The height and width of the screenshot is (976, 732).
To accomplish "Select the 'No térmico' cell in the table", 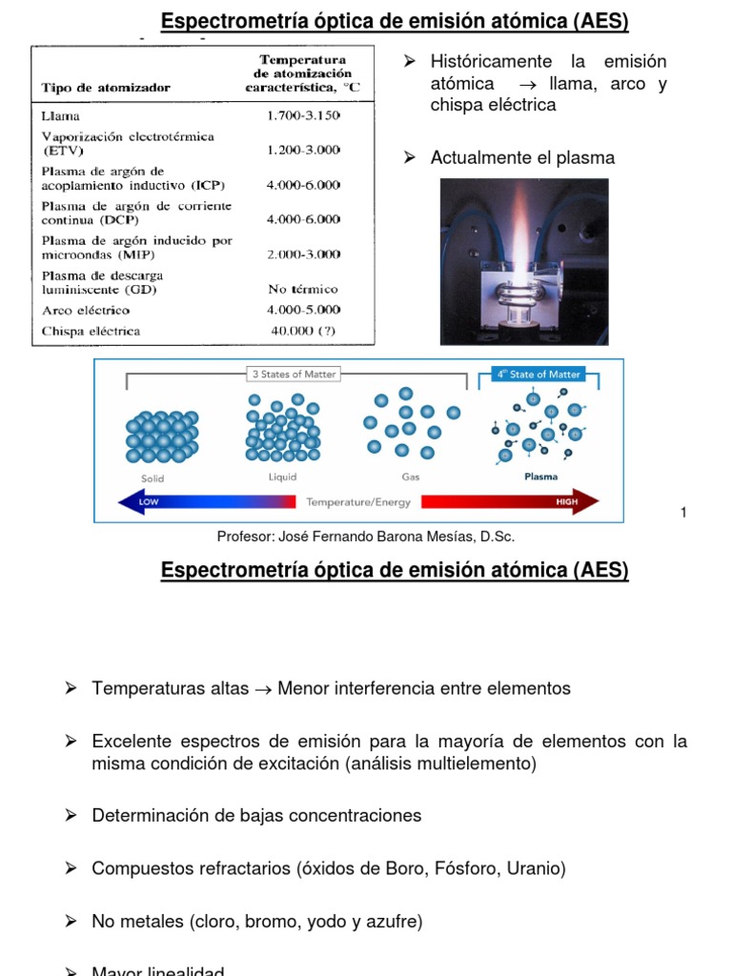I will point(303,289).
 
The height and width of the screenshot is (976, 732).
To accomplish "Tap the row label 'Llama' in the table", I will point(60,115).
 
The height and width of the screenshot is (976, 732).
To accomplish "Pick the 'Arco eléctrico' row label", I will point(86,311).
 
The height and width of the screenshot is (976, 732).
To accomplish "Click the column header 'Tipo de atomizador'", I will point(106,88).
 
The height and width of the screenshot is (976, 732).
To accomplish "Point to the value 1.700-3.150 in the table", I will point(304,115).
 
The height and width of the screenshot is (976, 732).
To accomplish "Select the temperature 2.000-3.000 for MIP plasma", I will point(304,254).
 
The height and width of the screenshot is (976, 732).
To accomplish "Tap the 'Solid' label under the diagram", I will point(153,478).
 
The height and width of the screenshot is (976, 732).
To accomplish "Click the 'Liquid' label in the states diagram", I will point(282,477).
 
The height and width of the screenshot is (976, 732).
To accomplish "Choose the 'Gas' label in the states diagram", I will point(411,477).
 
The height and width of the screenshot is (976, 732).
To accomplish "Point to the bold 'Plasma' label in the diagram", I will point(541,477).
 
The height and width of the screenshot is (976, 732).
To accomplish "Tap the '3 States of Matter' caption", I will point(294,375).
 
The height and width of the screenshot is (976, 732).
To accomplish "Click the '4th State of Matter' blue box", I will point(538,375).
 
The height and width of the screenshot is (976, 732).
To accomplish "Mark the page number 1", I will point(683,514).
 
